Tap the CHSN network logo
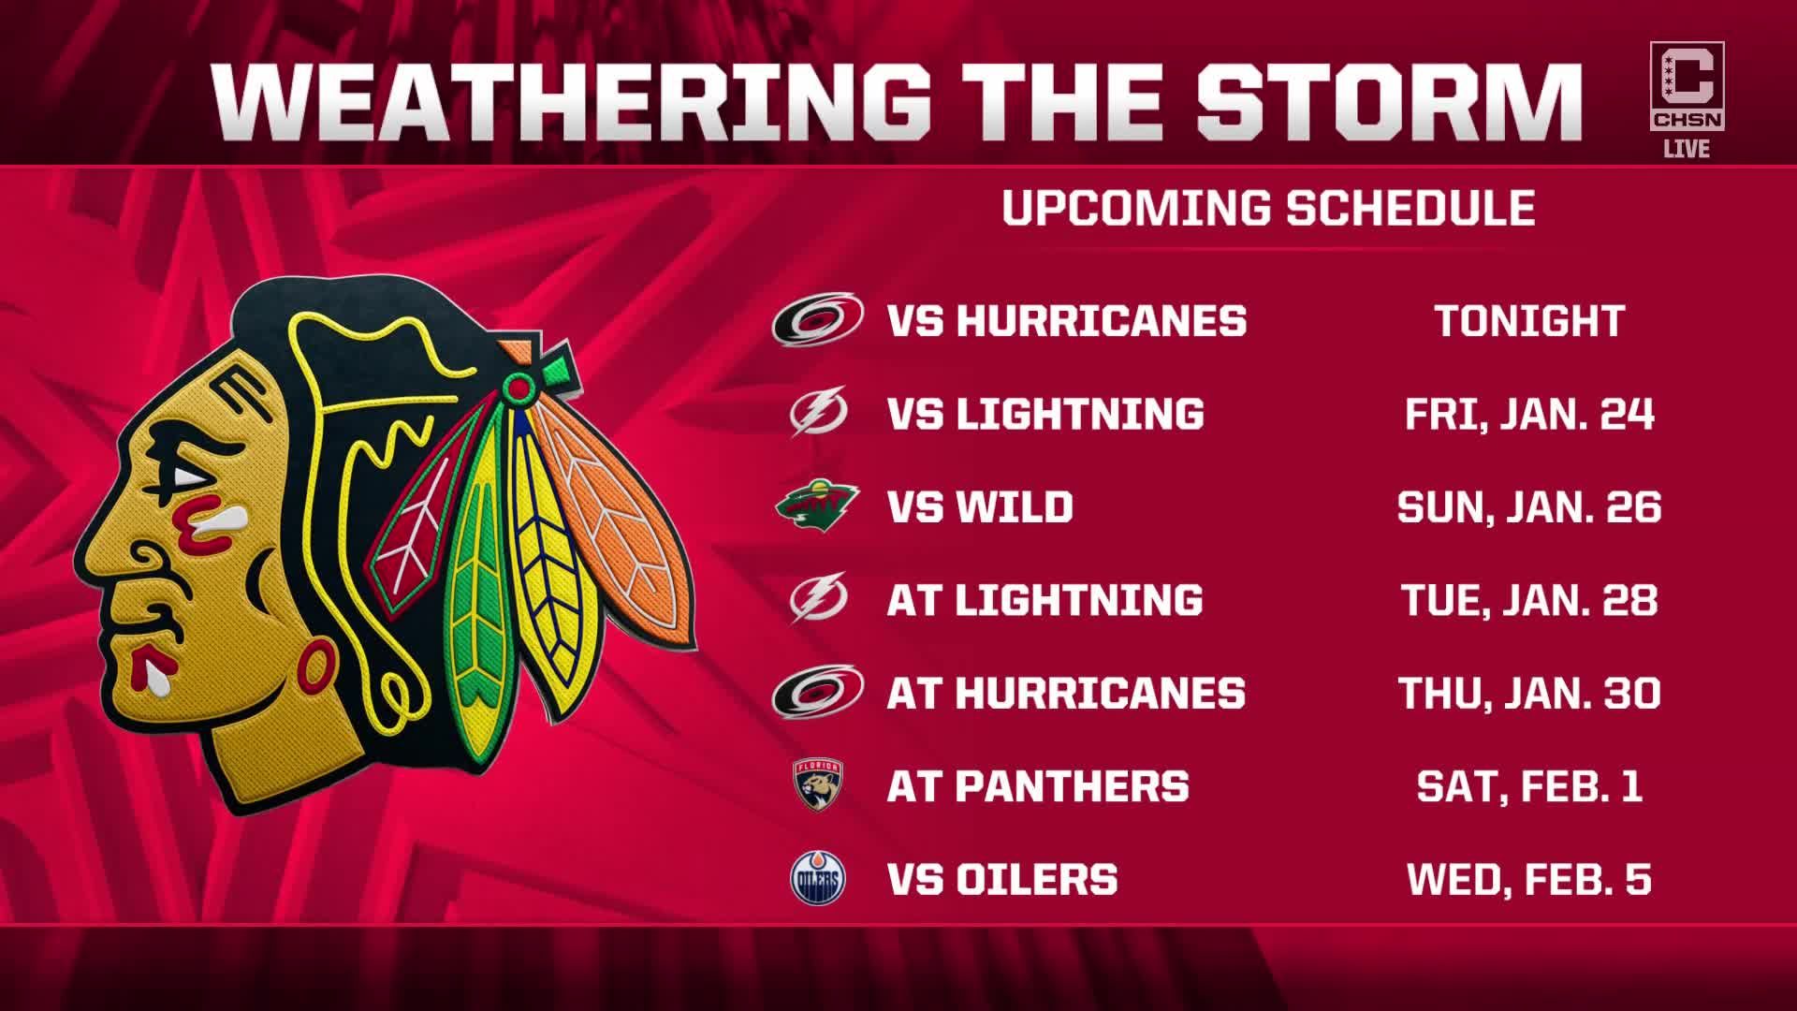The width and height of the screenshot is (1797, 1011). (x=1687, y=86)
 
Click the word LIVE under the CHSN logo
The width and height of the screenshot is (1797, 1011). (x=1687, y=149)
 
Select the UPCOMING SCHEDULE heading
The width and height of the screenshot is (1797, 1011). (x=1268, y=207)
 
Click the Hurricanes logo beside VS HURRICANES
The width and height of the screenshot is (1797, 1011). (x=817, y=319)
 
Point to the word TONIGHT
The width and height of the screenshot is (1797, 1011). (x=1530, y=320)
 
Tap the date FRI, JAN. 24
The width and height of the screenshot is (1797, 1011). (x=1530, y=414)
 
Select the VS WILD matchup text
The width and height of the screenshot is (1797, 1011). (x=980, y=506)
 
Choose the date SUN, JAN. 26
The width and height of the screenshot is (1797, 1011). (x=1529, y=506)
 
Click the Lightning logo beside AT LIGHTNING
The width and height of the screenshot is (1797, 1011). (x=818, y=598)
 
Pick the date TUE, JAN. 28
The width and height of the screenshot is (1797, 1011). (x=1530, y=599)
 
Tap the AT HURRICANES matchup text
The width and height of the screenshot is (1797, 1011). (x=1066, y=693)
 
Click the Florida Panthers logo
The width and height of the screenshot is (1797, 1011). (x=817, y=784)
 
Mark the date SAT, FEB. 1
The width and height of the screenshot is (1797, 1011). (x=1530, y=785)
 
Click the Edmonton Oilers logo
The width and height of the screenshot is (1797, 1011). (x=818, y=878)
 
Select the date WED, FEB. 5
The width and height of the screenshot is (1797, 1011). (x=1529, y=879)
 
